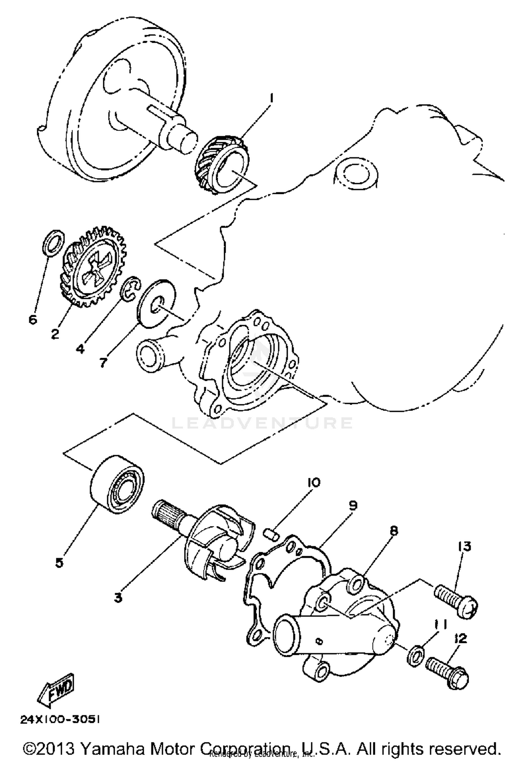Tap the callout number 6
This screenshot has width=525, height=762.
pyautogui.click(x=33, y=319)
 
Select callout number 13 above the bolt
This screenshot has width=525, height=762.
pyautogui.click(x=464, y=546)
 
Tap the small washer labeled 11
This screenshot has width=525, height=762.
pyautogui.click(x=416, y=653)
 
